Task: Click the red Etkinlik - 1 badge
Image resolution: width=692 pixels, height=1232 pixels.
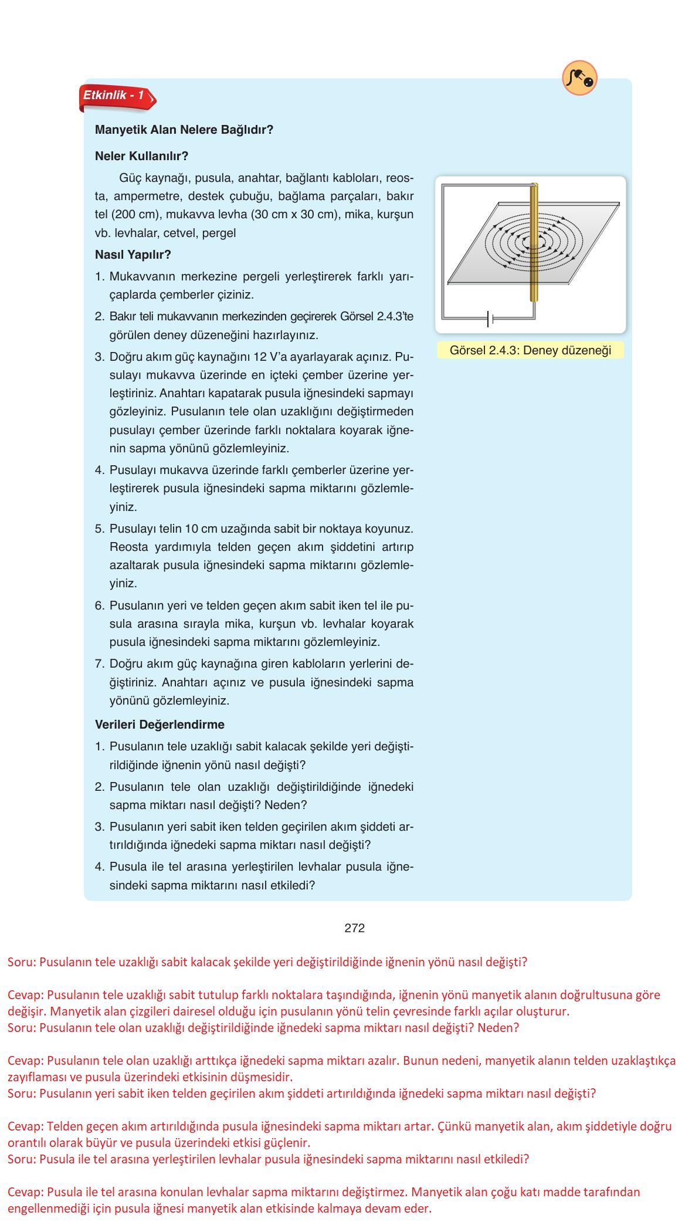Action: pos(116,97)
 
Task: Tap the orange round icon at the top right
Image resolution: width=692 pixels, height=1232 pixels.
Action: pos(579,77)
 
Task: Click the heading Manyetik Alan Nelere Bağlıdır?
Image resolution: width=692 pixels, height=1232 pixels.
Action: pos(184,130)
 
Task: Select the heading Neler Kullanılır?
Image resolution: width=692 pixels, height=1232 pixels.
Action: pos(141,156)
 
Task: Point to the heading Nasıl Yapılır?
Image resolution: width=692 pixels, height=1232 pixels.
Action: pos(133,255)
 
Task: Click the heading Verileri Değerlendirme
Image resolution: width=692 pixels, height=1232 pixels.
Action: pos(160,725)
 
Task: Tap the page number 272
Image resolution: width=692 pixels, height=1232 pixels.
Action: pos(354,928)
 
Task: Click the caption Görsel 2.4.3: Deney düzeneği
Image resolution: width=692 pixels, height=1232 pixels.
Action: pos(530,350)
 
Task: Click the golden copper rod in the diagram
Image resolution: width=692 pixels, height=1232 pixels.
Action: pos(533,246)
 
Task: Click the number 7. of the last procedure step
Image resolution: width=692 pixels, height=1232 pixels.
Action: pos(100,664)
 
